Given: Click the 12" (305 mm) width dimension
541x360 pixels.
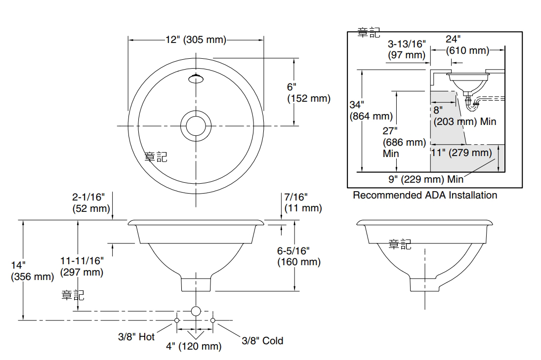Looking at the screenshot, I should tap(196, 40).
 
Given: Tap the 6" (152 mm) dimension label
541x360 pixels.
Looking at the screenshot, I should tap(308, 92).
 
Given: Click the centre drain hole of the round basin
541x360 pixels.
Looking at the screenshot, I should tap(196, 125).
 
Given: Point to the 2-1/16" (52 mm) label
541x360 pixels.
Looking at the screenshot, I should tap(91, 202).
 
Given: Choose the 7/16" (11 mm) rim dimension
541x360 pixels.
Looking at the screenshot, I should tap(302, 202).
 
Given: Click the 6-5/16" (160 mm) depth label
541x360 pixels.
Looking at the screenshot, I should tap(298, 256).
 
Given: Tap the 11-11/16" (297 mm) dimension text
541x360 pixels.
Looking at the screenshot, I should tap(82, 266).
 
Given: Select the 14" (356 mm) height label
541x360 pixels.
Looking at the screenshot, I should tap(32, 271).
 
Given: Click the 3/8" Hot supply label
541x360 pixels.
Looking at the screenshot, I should tap(136, 337).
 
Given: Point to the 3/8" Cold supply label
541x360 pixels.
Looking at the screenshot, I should tap(262, 341).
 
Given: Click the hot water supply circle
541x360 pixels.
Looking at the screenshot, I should tap(177, 320).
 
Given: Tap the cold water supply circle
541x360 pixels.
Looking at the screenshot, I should tap(213, 320).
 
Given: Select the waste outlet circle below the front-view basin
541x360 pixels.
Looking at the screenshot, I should tap(196, 311).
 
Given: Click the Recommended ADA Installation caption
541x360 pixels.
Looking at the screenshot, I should tap(424, 195).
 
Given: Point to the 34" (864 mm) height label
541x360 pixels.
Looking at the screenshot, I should tap(371, 111).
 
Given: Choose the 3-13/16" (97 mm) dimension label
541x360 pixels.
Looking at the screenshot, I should tap(406, 49).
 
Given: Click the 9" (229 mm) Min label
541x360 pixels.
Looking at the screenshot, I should tap(425, 178).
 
